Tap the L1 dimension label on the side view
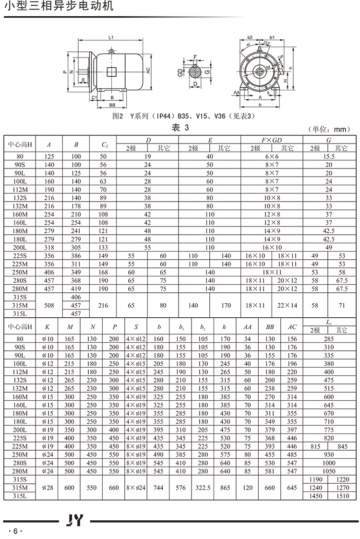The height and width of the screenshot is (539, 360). pyautogui.click(x=110, y=37)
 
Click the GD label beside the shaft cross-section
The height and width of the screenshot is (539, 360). pyautogui.click(x=180, y=72)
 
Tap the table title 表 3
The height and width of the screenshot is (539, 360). pyautogui.click(x=180, y=128)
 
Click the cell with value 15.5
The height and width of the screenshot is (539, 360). pyautogui.click(x=328, y=156)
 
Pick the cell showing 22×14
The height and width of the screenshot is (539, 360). pyautogui.click(x=288, y=305)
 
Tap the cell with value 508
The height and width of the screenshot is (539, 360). pyautogui.click(x=49, y=305)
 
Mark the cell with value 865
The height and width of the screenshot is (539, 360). pyautogui.click(x=225, y=487)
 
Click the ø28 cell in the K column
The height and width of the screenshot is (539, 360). pyautogui.click(x=47, y=487)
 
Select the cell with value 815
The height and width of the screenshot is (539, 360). pyautogui.click(x=315, y=446)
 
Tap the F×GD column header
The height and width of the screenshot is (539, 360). pyautogui.click(x=272, y=140)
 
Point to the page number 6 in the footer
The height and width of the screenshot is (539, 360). pyautogui.click(x=15, y=531)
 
